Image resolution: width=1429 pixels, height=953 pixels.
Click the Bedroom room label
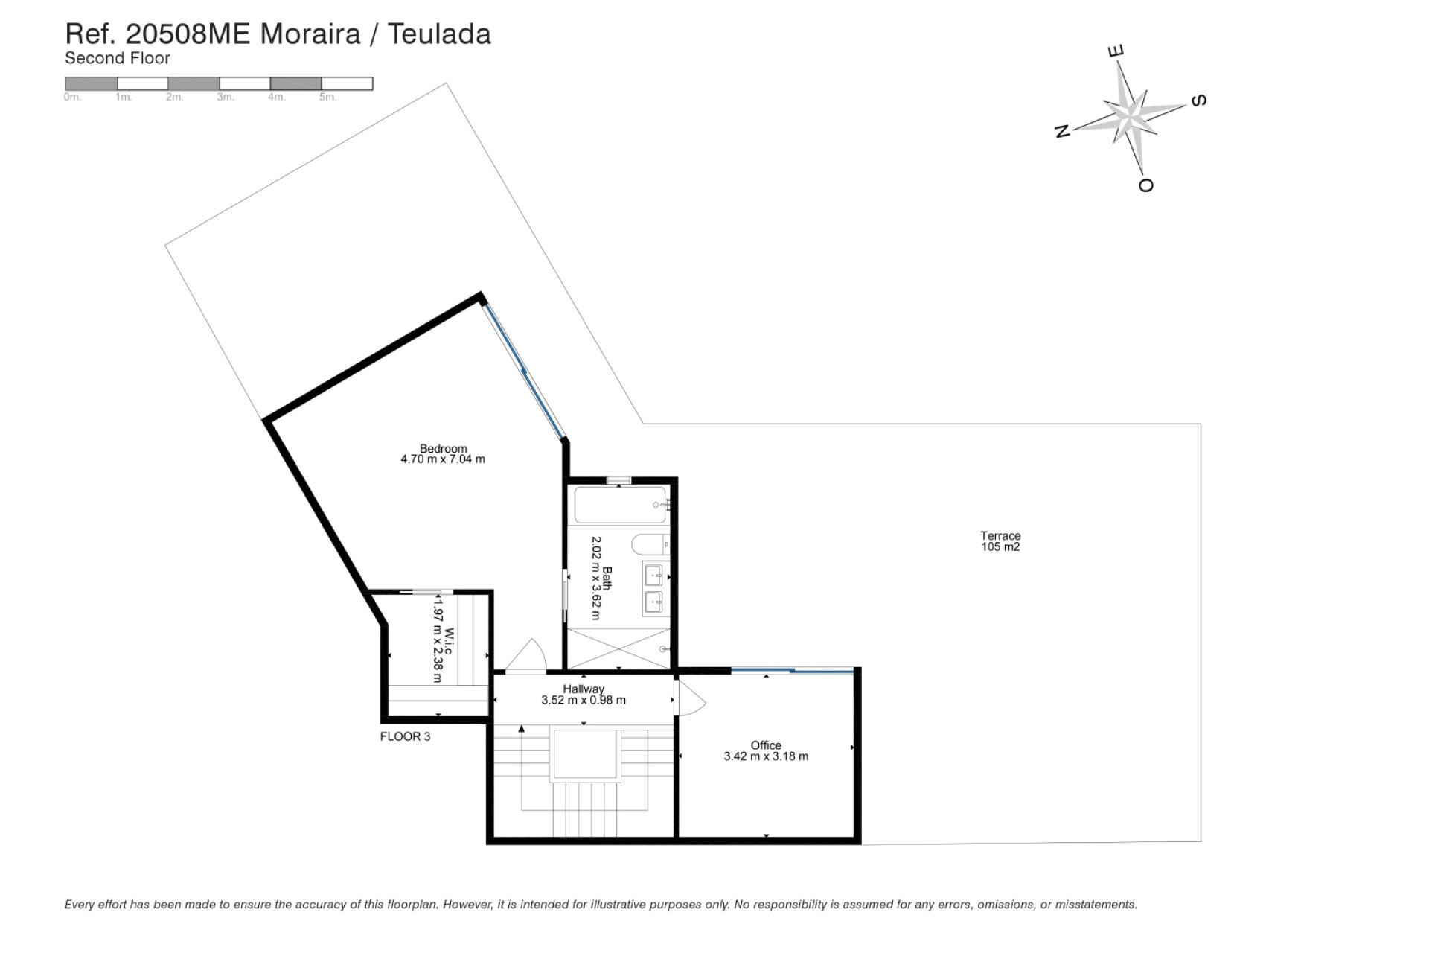pyautogui.click(x=443, y=448)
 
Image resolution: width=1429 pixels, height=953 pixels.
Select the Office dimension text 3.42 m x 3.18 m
pyautogui.click(x=766, y=756)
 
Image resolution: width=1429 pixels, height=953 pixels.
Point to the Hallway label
pyautogui.click(x=584, y=689)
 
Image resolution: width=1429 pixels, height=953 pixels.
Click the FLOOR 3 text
pyautogui.click(x=405, y=736)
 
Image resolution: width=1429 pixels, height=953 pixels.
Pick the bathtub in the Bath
pyautogui.click(x=620, y=506)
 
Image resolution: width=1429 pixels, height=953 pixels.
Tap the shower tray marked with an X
pyautogui.click(x=618, y=648)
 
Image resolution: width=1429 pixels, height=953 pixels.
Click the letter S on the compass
pyautogui.click(x=1199, y=101)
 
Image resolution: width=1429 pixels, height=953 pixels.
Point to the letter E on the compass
pyautogui.click(x=1116, y=51)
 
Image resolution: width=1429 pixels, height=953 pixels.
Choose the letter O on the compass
pyautogui.click(x=1146, y=185)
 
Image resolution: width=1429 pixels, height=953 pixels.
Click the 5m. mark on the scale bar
pyautogui.click(x=327, y=98)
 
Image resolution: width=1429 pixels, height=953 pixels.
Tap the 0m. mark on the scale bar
pyautogui.click(x=72, y=98)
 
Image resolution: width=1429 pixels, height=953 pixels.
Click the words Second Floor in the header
pyautogui.click(x=118, y=58)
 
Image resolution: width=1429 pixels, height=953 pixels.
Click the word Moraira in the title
pyautogui.click(x=310, y=34)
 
